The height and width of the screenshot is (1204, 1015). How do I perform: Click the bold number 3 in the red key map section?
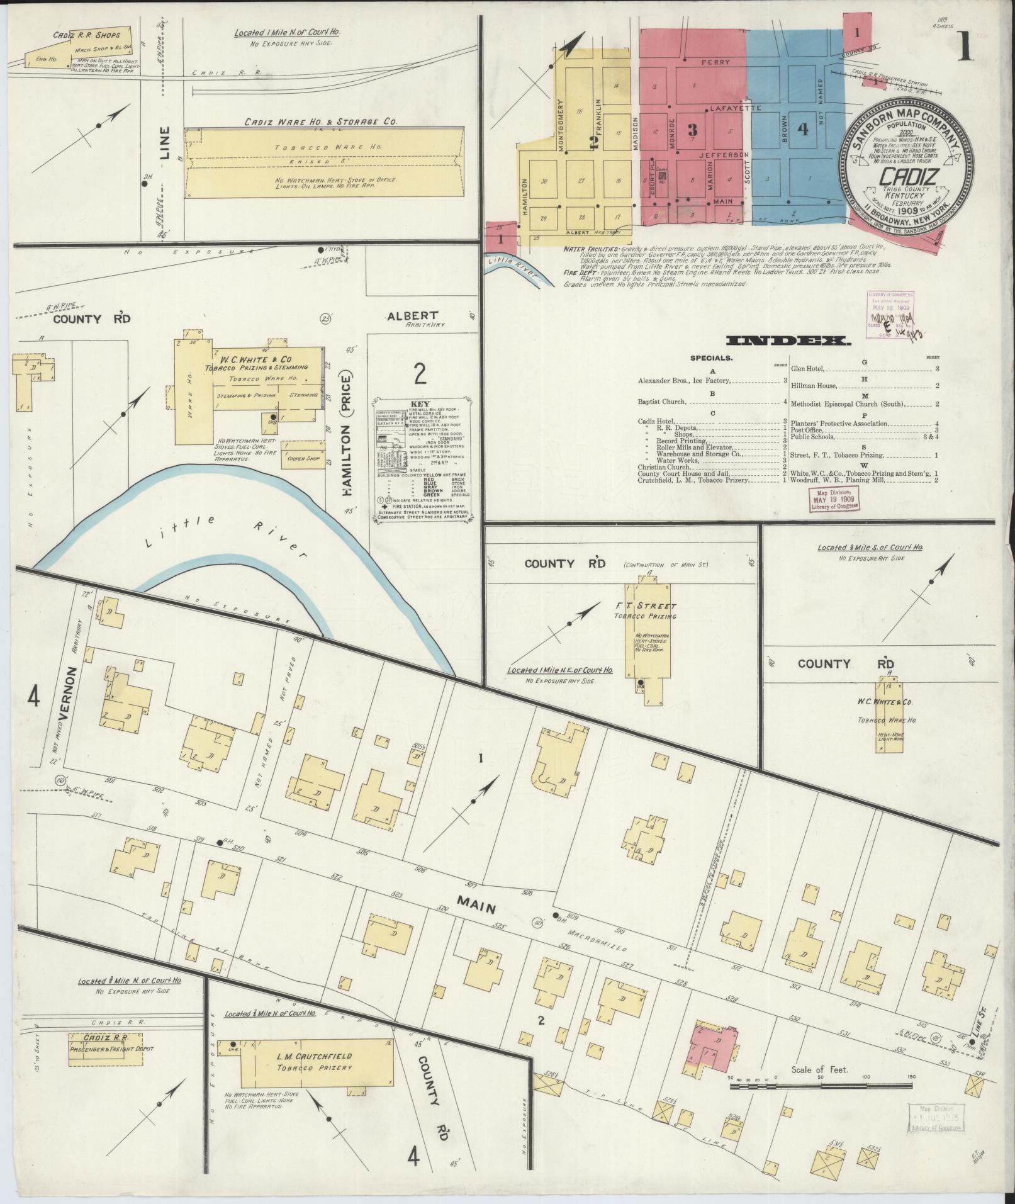tap(693, 130)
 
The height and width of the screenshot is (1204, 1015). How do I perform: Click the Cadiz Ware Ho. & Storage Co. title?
tap(320, 121)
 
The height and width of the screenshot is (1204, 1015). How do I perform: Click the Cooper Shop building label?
tap(301, 459)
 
